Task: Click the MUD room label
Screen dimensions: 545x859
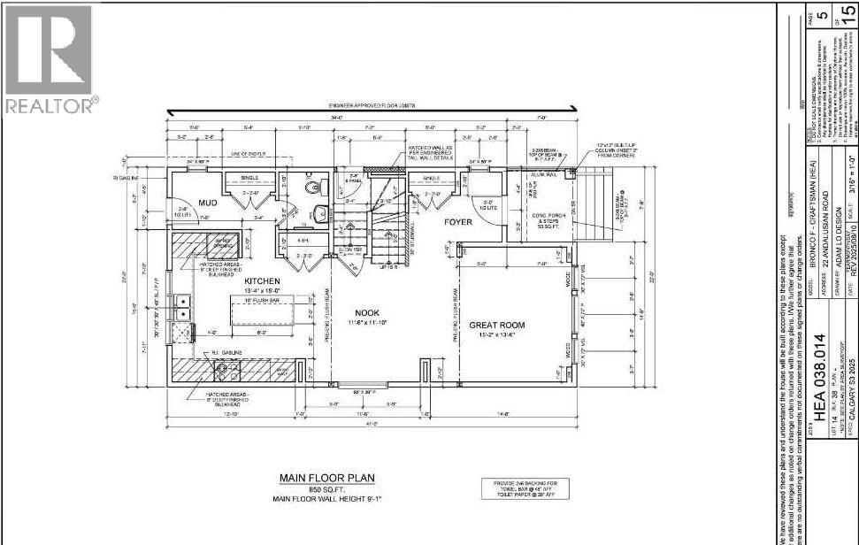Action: coord(208,203)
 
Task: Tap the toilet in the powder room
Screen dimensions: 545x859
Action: coord(314,188)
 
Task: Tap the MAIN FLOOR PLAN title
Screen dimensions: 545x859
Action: coord(327,478)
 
